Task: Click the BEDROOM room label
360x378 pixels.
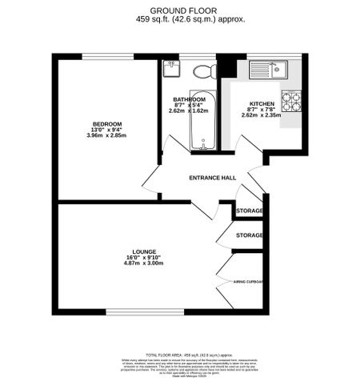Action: [106, 123]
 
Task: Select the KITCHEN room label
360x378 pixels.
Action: [262, 105]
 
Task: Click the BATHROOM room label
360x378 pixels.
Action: [190, 99]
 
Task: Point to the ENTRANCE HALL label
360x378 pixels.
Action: [213, 178]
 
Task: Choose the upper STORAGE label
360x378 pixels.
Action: [250, 210]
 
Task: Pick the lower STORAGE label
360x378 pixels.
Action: [250, 235]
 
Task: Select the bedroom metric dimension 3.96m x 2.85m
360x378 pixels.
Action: [106, 136]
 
